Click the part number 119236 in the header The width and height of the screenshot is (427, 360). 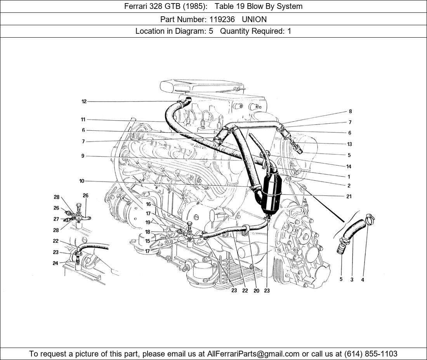pos(220,19)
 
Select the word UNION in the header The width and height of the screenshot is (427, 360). pos(254,19)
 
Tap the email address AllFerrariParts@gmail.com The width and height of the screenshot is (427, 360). pos(253,353)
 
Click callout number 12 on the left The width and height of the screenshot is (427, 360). pos(84,102)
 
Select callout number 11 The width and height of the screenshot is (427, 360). pos(83,119)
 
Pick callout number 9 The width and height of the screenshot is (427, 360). pos(83,156)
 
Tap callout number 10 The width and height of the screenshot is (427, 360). pos(82,181)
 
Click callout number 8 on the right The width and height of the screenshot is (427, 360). pos(350,112)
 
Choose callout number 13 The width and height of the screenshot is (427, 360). pos(349,144)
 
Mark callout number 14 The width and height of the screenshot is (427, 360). pos(349,166)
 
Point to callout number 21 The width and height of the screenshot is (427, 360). pos(349,196)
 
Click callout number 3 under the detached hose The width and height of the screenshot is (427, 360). pos(352,280)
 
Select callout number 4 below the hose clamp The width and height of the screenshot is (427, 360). pos(363,280)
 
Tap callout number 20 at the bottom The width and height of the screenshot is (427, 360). pos(256,291)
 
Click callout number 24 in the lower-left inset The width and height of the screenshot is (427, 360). pos(56,263)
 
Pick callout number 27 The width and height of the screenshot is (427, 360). pos(56,219)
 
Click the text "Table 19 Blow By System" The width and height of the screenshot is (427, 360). pos(258,6)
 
